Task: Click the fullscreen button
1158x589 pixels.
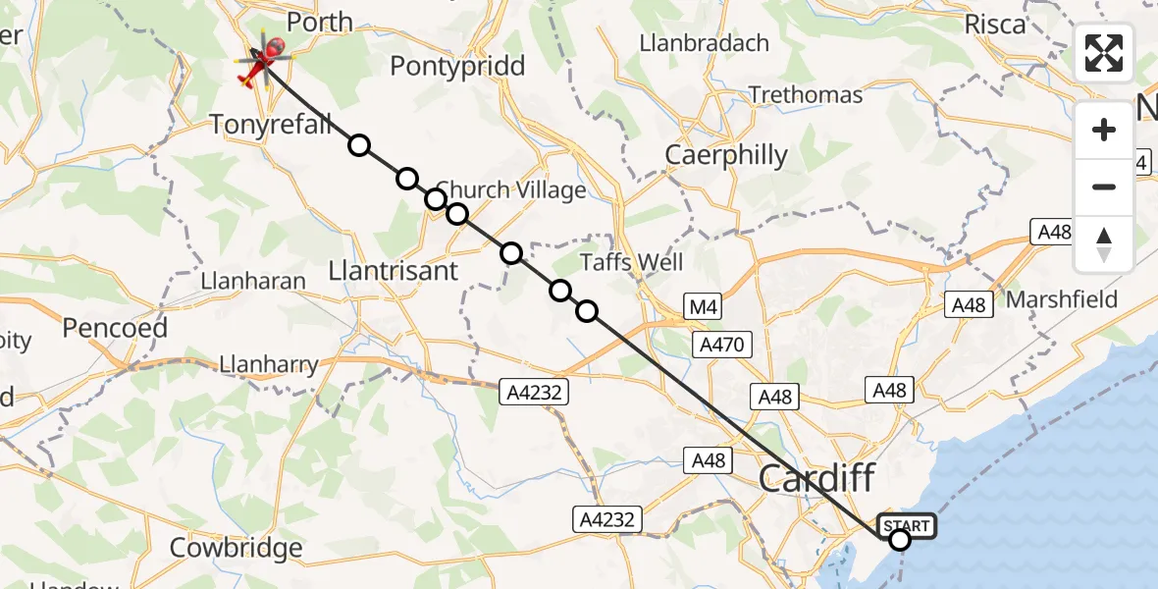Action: coord(1104,53)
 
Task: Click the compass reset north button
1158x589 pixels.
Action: coord(1104,244)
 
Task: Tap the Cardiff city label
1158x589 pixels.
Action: coord(816,480)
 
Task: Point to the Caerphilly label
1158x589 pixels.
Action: coord(726,155)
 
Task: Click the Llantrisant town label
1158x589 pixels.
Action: coord(394,271)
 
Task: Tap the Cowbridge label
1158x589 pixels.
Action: coord(236,548)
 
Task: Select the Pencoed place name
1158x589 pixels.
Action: coord(115,328)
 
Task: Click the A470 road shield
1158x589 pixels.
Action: coord(723,345)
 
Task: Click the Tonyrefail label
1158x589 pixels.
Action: coord(272,124)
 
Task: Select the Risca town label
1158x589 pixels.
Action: coord(995,25)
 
